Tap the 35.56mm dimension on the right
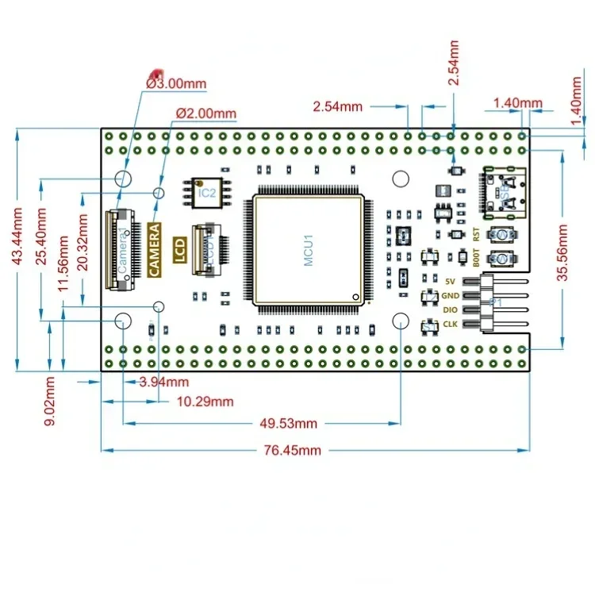tap(563, 252)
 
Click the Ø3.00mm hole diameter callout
tap(176, 83)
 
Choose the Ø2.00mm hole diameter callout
tap(205, 113)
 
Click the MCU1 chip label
tap(309, 249)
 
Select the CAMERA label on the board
tap(155, 250)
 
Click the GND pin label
tap(451, 295)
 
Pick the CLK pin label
tap(451, 324)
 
